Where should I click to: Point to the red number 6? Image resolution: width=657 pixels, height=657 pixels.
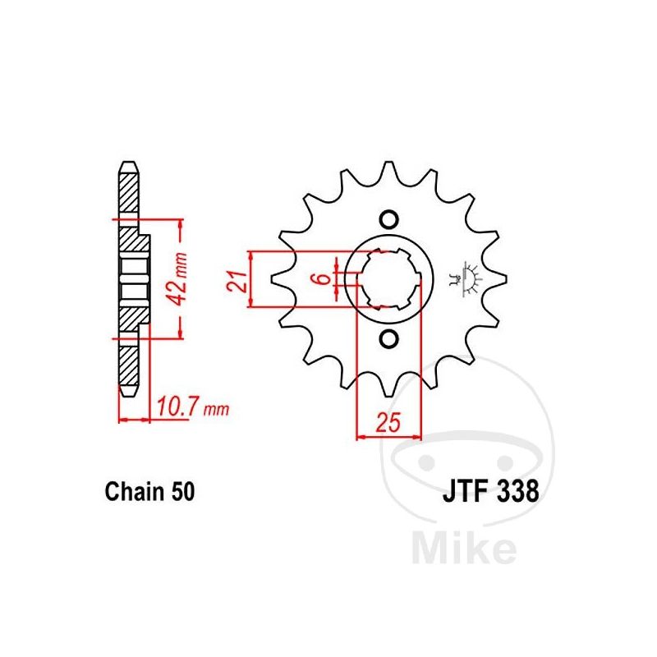point(324,278)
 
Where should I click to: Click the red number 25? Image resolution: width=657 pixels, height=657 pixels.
point(388,422)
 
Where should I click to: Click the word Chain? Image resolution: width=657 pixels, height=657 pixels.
point(135,491)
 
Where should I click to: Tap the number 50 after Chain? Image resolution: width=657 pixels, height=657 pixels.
point(182,491)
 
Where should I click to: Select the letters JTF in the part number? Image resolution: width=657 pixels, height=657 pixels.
point(466,491)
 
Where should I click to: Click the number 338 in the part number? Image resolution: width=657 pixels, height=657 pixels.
point(517,491)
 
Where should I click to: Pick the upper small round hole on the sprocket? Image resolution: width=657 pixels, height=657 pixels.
point(388,219)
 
